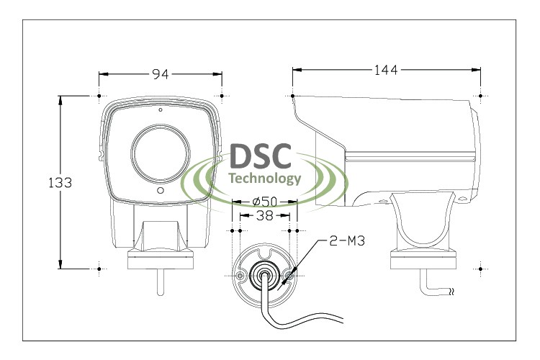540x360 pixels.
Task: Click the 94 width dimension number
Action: click(x=159, y=73)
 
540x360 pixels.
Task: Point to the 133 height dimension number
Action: click(x=60, y=183)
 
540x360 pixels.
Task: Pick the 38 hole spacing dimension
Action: click(x=264, y=215)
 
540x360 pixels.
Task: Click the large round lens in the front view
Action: click(x=160, y=153)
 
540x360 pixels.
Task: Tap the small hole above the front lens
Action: click(x=160, y=111)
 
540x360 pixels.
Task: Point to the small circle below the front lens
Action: click(x=160, y=192)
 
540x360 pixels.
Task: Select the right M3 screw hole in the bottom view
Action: click(x=289, y=275)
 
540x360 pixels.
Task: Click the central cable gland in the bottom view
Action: click(x=264, y=274)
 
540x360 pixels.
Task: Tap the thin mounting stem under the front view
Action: click(x=160, y=281)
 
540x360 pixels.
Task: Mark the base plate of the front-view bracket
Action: click(x=160, y=260)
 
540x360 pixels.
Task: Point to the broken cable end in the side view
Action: click(x=451, y=292)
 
